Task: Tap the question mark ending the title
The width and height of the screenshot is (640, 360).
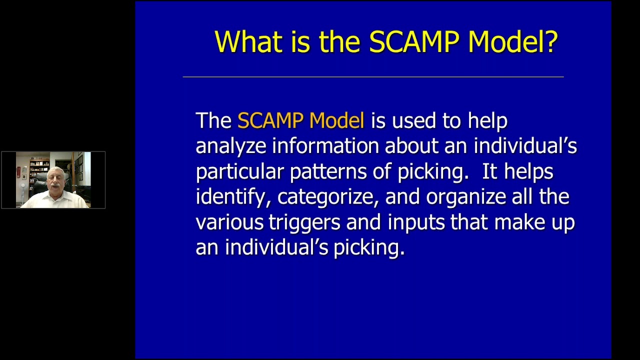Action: [x=550, y=41]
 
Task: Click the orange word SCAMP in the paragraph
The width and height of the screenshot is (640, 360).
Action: [x=270, y=121]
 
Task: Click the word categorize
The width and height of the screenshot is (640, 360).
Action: [x=328, y=197]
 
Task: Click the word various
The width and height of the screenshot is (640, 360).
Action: [x=229, y=222]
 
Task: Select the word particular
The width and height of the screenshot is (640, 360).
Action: [x=240, y=172]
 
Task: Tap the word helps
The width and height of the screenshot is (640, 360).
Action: [x=528, y=172]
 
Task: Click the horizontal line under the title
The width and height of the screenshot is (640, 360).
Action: [x=373, y=77]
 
